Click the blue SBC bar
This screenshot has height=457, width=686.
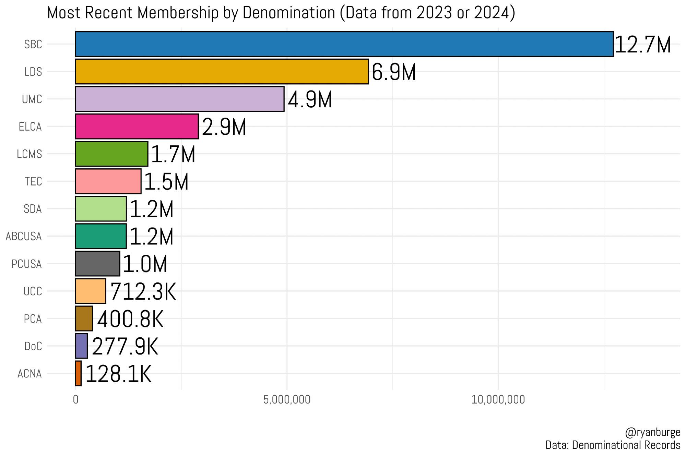[x=344, y=44]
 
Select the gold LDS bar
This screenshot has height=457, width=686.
[x=222, y=72]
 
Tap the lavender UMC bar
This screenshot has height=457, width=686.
[x=180, y=99]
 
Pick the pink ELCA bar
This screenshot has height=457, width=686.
[x=137, y=127]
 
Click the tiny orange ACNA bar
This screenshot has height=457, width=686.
[x=79, y=373]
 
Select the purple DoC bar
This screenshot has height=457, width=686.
[x=82, y=346]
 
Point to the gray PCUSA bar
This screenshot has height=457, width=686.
[x=98, y=264]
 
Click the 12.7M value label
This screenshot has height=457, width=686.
[x=642, y=45]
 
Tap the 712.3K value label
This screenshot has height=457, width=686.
[x=143, y=292]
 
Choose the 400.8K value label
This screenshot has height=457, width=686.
[x=130, y=319]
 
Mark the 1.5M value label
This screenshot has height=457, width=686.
[x=166, y=182]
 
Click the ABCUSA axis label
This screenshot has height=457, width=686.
[x=24, y=237]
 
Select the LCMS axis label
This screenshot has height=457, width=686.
[x=29, y=154]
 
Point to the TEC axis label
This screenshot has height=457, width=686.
[x=33, y=181]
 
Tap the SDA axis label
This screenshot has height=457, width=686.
[x=33, y=209]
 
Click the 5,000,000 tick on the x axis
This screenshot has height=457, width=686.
[x=287, y=400]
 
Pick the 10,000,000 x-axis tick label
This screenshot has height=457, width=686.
[x=498, y=400]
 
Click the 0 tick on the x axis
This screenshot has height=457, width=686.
[x=75, y=400]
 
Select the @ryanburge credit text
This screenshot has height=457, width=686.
[x=652, y=432]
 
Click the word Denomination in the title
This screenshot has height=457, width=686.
[x=289, y=13]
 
